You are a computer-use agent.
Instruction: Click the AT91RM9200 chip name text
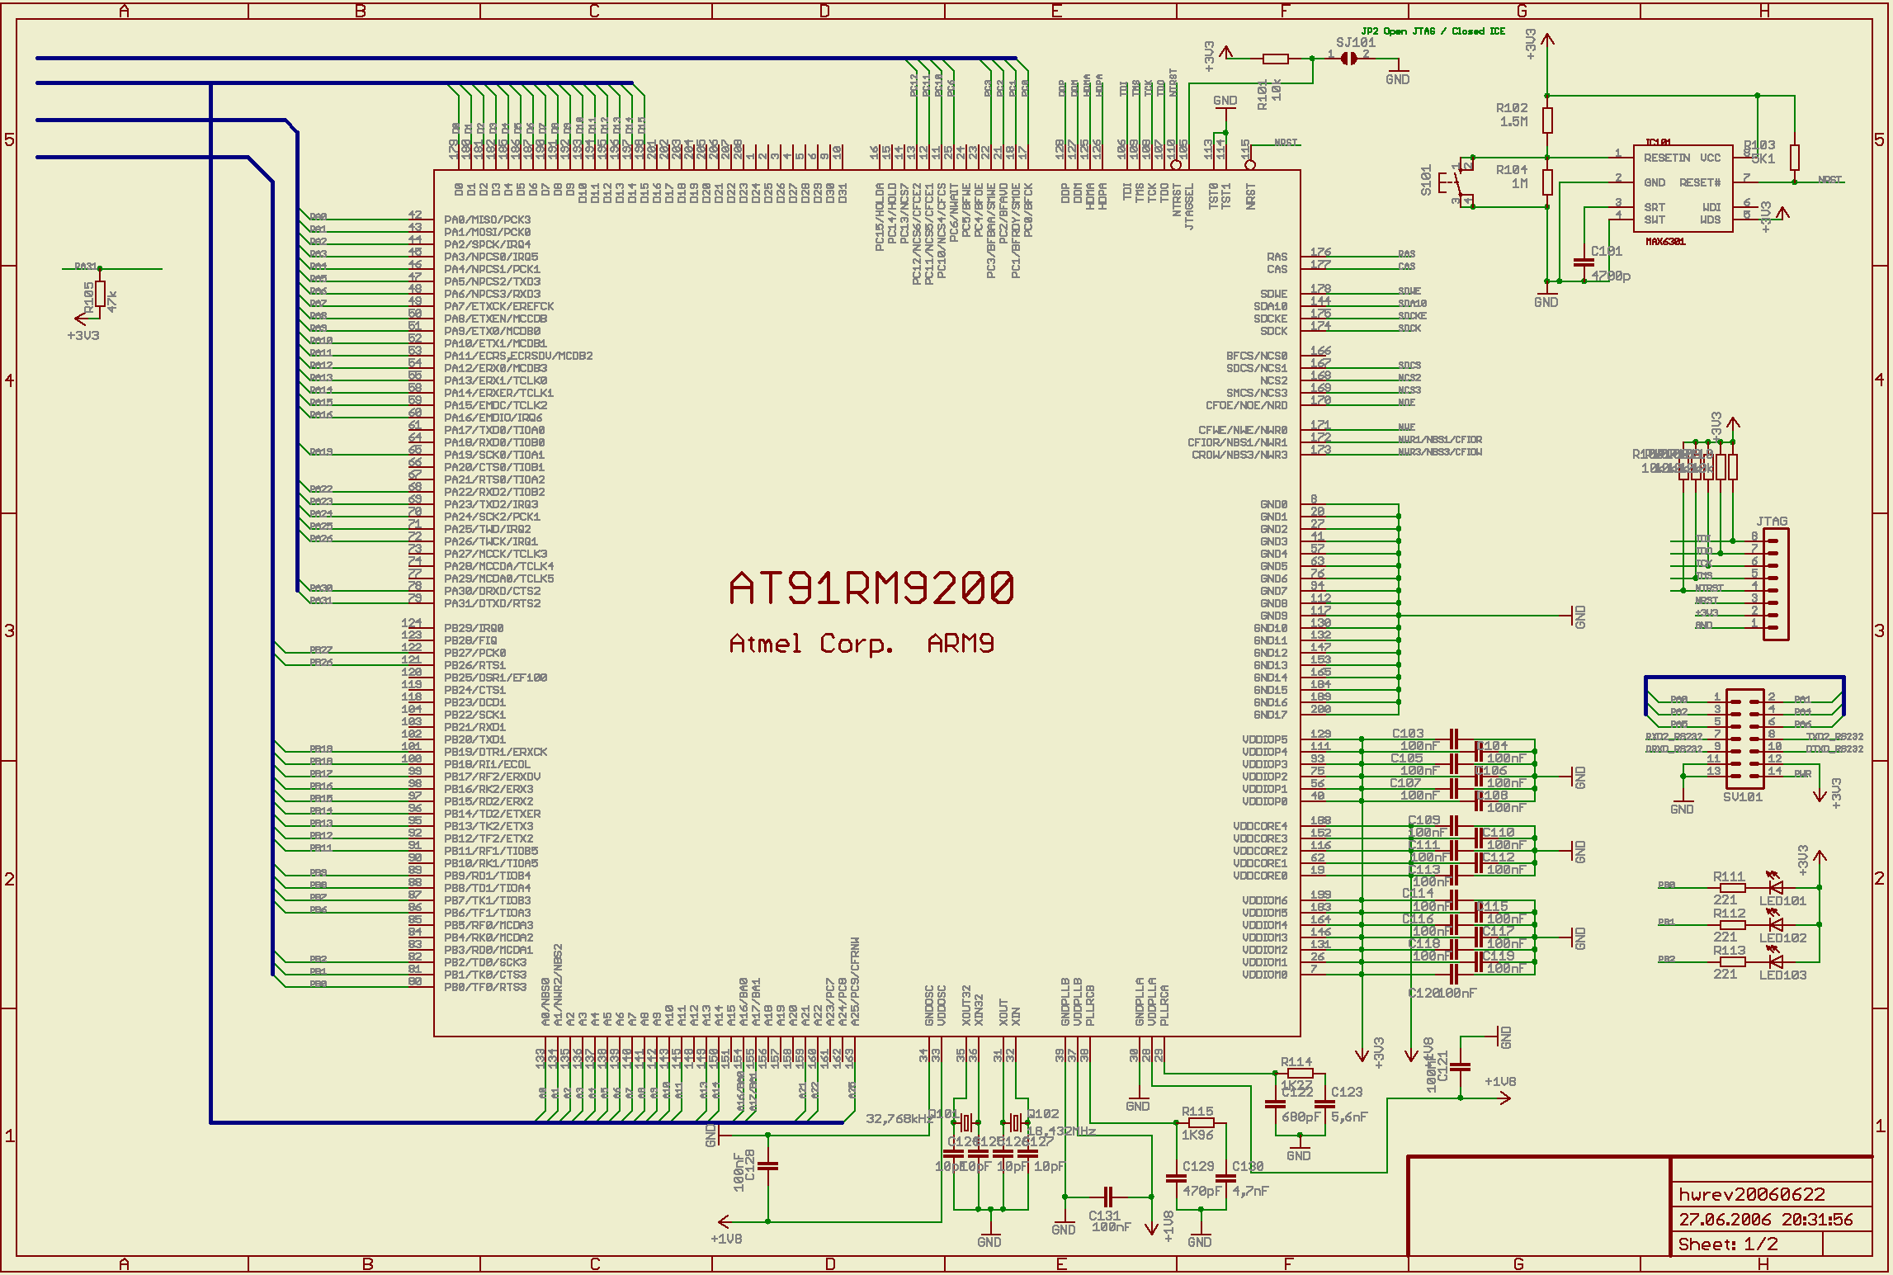(871, 588)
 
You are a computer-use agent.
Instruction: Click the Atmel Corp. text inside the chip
(811, 644)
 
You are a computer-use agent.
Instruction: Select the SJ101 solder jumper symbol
(1348, 58)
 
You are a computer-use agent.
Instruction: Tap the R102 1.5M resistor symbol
(1547, 120)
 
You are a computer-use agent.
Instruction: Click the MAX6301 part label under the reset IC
(1665, 242)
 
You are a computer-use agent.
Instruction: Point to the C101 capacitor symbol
(1584, 263)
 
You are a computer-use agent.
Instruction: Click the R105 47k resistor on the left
(100, 294)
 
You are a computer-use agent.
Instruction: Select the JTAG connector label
(1772, 522)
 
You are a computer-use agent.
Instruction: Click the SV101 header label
(1742, 797)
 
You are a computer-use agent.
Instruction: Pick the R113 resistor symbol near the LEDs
(1731, 961)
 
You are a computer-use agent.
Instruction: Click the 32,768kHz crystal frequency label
(899, 1119)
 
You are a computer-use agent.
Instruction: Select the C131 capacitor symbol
(1108, 1197)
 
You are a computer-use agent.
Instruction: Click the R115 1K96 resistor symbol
(1200, 1122)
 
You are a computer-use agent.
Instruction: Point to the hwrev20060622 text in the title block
(1740, 1195)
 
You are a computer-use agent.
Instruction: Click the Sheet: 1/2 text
(1728, 1244)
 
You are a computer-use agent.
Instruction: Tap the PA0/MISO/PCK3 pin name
(488, 220)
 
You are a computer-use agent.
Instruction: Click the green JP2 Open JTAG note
(1433, 31)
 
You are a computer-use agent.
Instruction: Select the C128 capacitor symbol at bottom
(767, 1166)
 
